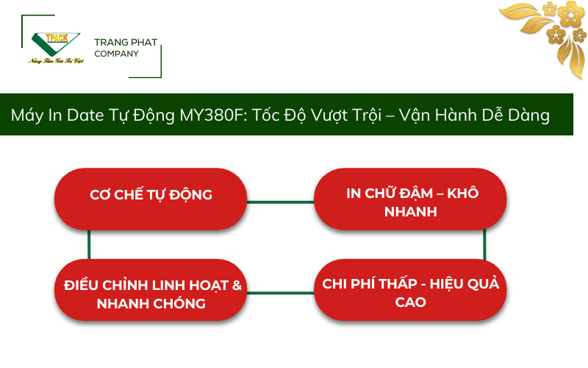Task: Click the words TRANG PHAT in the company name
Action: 126,42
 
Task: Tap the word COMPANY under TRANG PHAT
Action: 116,54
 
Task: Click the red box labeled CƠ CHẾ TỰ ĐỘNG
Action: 151,195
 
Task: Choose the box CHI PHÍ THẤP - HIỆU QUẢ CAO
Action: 411,292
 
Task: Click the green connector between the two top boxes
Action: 280,201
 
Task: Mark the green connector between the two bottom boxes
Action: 280,293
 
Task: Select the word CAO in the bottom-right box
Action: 410,302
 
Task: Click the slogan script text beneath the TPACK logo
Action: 56,60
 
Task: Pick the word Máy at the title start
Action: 26,116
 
